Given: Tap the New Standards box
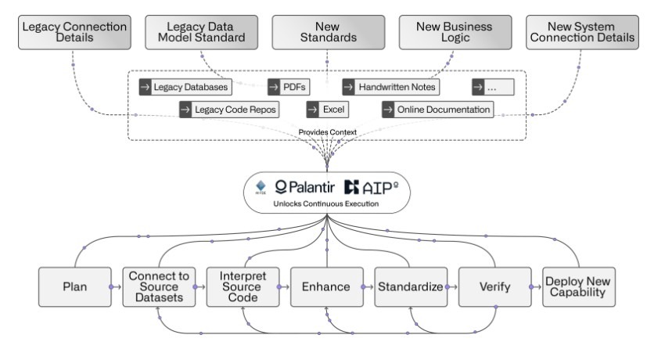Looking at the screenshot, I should point(326,31).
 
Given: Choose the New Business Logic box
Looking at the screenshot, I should point(454,31).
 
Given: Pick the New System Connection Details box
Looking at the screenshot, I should point(580,31).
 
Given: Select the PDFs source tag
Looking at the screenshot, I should point(289,87).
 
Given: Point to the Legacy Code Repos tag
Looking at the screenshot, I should point(229,110).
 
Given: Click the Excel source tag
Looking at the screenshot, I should point(327,110).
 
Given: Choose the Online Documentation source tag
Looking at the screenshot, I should point(438,110).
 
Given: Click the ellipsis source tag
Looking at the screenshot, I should point(493,87).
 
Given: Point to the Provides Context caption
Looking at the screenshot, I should point(326,132).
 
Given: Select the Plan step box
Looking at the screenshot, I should point(74,287).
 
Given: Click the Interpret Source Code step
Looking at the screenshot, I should point(243,287).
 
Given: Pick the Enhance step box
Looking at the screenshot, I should point(326,287).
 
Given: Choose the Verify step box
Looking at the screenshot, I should point(494,287).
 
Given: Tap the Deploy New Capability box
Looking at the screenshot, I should point(579,287).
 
